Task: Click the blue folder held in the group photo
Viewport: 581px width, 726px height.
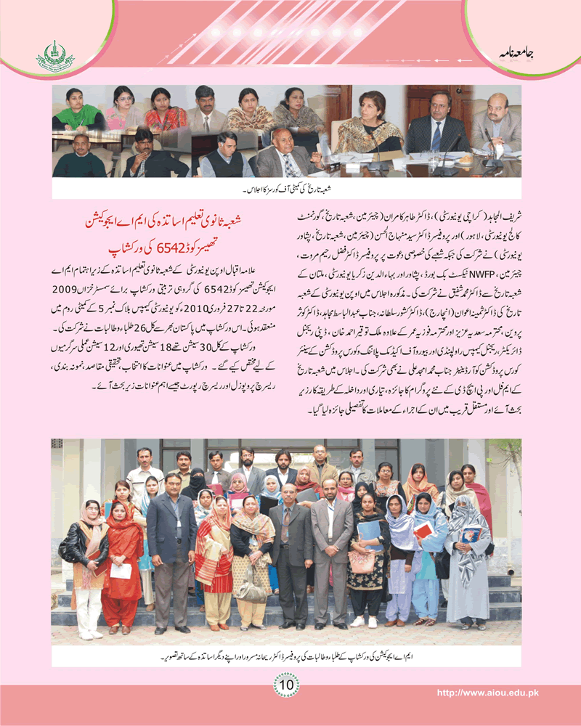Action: [368, 532]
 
